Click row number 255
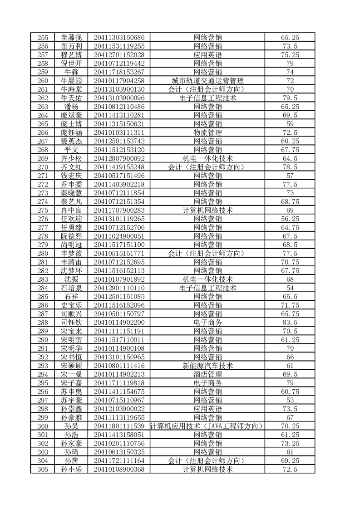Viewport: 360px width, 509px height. click(x=43, y=38)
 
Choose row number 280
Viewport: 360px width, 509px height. click(x=43, y=253)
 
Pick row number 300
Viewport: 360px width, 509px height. click(x=43, y=426)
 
